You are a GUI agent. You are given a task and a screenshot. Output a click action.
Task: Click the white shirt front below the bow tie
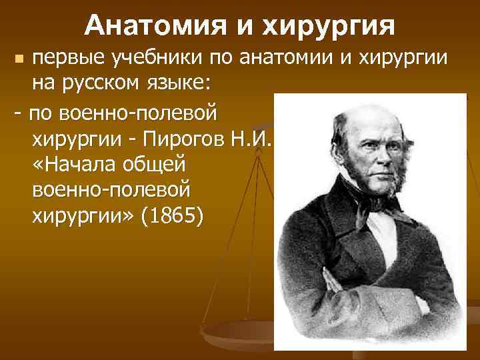click(x=373, y=233)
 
